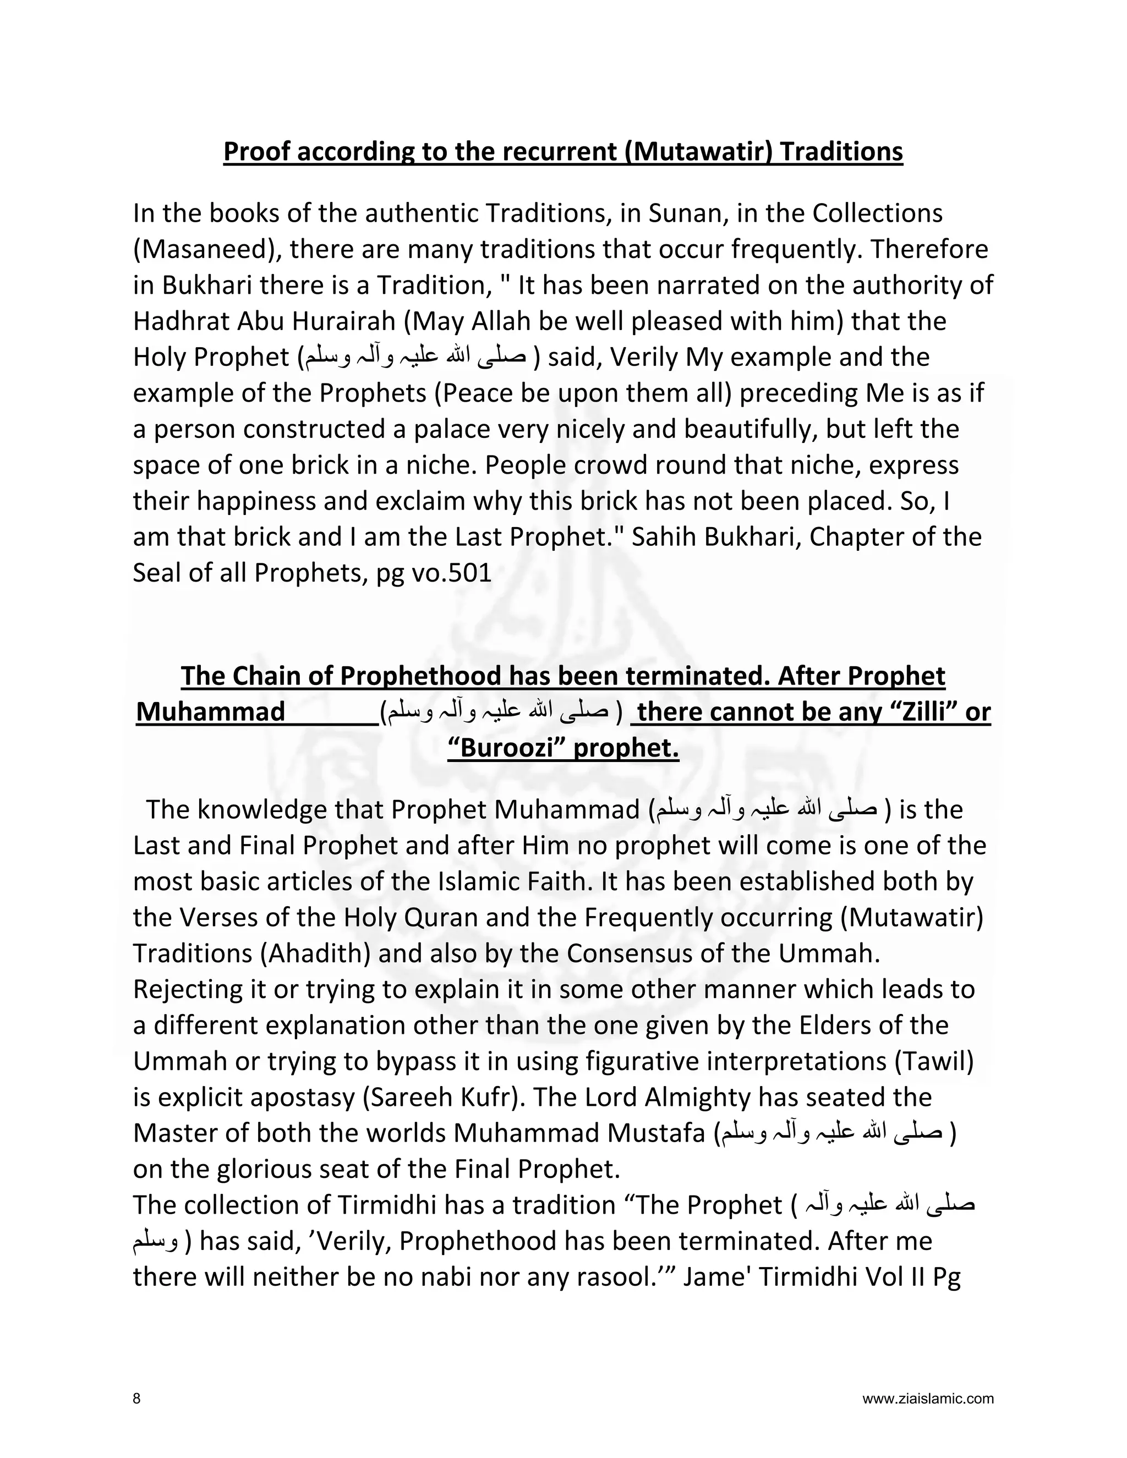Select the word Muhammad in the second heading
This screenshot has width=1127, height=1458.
click(211, 712)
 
